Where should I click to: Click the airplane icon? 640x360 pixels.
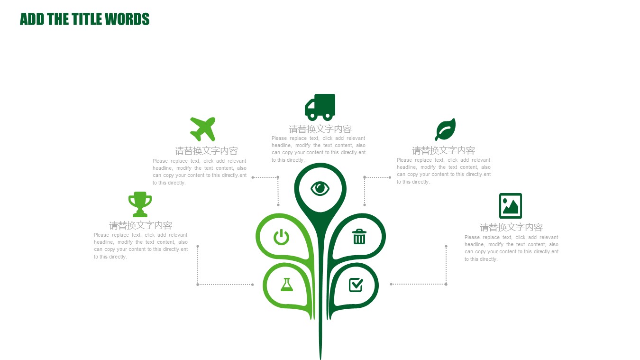[202, 129]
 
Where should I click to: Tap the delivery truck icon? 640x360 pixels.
[320, 107]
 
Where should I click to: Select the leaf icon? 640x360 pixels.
[445, 129]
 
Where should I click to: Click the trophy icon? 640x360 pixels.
[140, 204]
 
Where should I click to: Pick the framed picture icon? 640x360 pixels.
[511, 206]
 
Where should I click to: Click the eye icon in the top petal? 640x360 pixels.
[320, 189]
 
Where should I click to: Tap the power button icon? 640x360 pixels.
[282, 237]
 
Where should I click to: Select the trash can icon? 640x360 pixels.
[359, 237]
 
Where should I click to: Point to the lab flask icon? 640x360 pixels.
[287, 285]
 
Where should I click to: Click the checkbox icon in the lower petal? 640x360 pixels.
[356, 285]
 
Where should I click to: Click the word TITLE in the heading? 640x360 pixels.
[87, 19]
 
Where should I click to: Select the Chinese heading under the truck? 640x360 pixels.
[320, 129]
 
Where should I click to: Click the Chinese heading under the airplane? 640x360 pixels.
[206, 151]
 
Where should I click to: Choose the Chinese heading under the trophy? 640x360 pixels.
[140, 226]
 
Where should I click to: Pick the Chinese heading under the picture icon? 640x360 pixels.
[511, 228]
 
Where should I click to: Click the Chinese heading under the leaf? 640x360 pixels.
[443, 150]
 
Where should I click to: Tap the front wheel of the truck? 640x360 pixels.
[312, 116]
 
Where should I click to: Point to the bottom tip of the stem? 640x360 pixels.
[320, 359]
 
